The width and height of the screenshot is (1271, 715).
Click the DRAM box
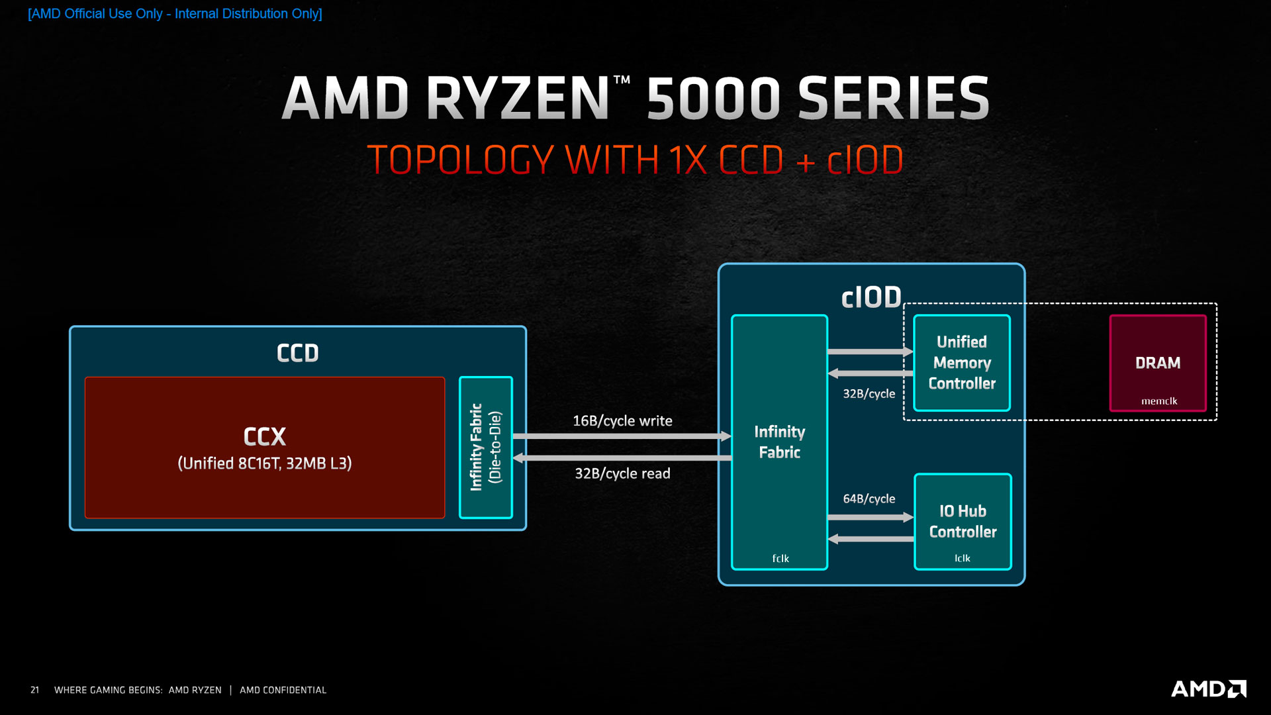pyautogui.click(x=1157, y=363)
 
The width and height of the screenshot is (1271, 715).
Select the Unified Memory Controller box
pyautogui.click(x=962, y=363)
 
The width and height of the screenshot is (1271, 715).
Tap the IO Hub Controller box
pyautogui.click(x=963, y=521)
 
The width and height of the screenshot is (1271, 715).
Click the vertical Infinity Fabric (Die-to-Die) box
pyautogui.click(x=486, y=448)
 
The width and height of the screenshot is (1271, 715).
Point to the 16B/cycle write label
pyautogui.click(x=622, y=421)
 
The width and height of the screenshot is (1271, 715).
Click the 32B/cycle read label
pyautogui.click(x=622, y=473)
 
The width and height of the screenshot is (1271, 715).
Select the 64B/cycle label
pyautogui.click(x=869, y=499)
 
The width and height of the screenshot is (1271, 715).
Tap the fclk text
pyautogui.click(x=780, y=559)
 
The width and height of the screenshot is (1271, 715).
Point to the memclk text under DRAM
pyautogui.click(x=1159, y=401)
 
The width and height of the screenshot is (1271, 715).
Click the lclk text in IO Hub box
pyautogui.click(x=963, y=558)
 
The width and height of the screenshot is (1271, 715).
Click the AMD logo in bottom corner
pyautogui.click(x=1208, y=689)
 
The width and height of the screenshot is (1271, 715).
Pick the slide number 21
pyautogui.click(x=35, y=690)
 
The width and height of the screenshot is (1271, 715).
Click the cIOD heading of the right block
pyautogui.click(x=871, y=298)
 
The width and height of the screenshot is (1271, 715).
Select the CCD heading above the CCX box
pyautogui.click(x=298, y=353)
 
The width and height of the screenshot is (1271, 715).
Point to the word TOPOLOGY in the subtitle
pyautogui.click(x=461, y=160)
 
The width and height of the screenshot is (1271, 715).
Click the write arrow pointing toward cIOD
pyautogui.click(x=622, y=436)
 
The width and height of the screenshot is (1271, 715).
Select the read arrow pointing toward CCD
pyautogui.click(x=622, y=458)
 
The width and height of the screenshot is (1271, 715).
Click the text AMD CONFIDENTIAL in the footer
pyautogui.click(x=283, y=690)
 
